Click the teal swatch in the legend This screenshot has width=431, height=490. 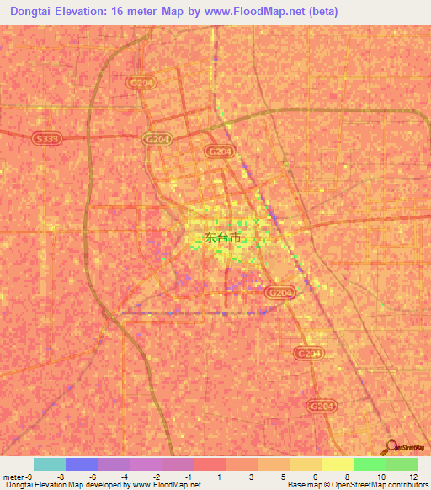click(x=50, y=464)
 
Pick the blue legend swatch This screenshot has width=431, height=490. click(x=82, y=464)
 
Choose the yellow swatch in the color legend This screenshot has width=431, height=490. click(x=338, y=464)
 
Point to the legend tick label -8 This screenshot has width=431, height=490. click(x=61, y=477)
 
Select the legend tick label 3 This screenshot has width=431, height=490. click(x=252, y=477)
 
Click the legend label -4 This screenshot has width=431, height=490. click(x=124, y=477)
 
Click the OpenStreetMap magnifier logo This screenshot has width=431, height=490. click(x=390, y=447)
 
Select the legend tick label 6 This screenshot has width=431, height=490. click(x=316, y=477)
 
